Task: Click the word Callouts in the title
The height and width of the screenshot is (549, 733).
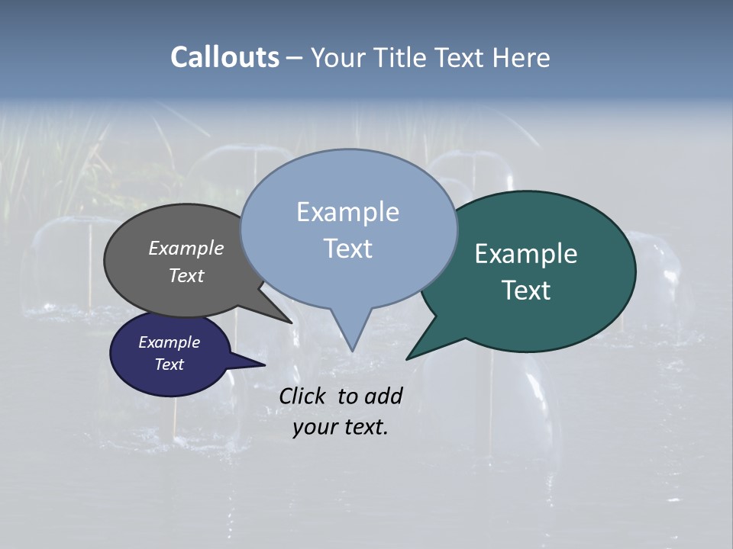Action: [225, 57]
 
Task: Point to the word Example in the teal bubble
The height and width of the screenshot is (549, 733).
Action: [526, 254]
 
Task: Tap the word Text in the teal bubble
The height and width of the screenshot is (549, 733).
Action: [526, 290]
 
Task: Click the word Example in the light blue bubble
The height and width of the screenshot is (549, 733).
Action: [347, 212]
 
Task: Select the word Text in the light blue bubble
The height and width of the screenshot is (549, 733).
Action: [347, 249]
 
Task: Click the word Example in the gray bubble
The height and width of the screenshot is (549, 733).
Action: [186, 248]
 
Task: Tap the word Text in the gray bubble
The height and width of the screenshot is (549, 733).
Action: [186, 275]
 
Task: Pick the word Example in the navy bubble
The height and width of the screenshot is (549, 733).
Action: [169, 342]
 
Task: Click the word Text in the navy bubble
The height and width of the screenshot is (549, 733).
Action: [169, 364]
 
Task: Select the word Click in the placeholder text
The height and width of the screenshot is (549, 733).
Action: [303, 396]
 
